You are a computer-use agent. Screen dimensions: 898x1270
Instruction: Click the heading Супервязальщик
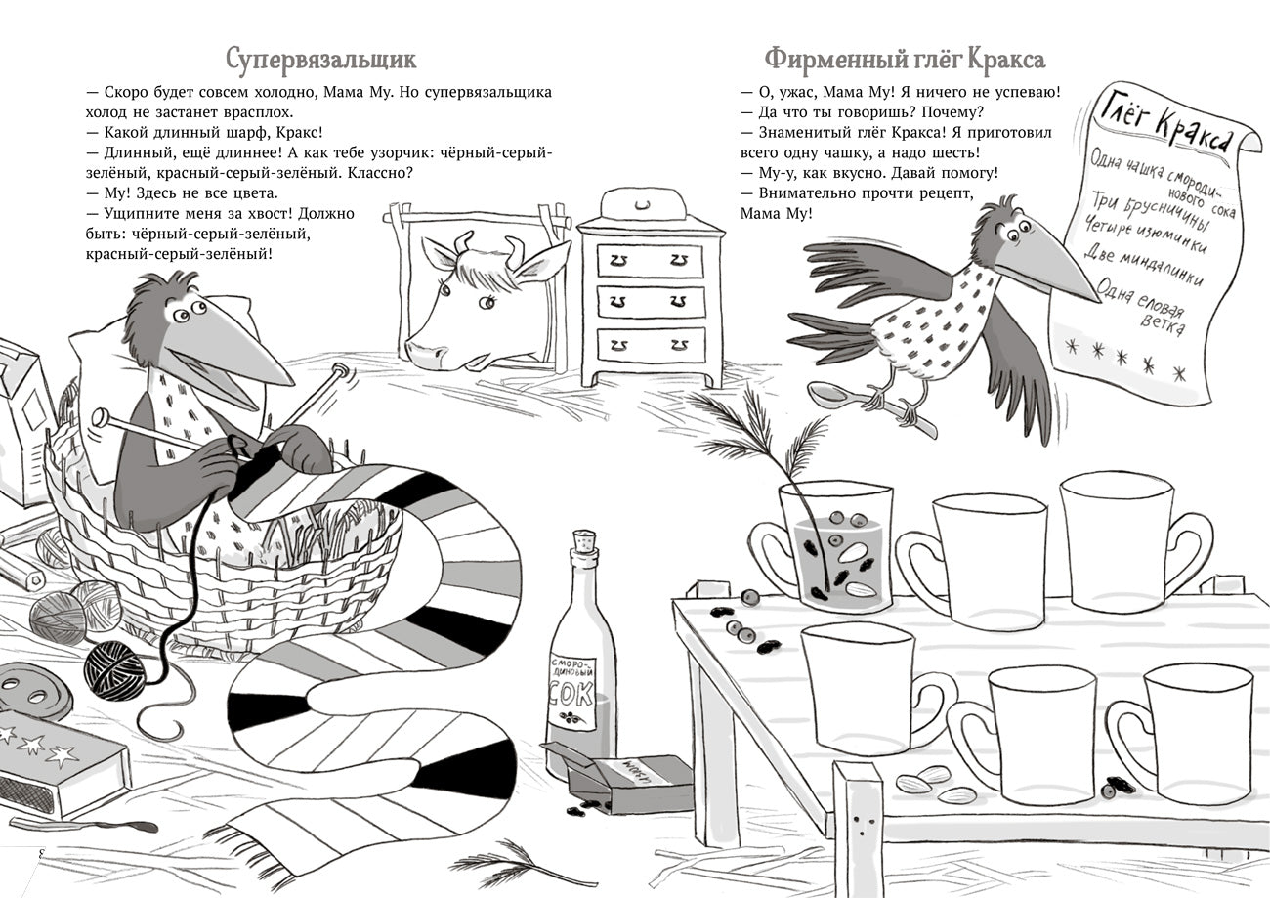[320, 59]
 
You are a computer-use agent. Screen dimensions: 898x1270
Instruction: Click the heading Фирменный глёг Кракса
[904, 59]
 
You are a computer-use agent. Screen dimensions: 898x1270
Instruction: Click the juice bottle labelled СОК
[582, 674]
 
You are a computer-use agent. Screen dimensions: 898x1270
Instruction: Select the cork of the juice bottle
[584, 542]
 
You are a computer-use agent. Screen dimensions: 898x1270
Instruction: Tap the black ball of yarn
[114, 670]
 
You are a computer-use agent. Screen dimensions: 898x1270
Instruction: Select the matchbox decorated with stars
[59, 767]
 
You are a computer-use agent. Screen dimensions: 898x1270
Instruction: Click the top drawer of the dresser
[650, 260]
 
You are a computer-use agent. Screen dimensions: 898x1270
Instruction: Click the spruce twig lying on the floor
[503, 865]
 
